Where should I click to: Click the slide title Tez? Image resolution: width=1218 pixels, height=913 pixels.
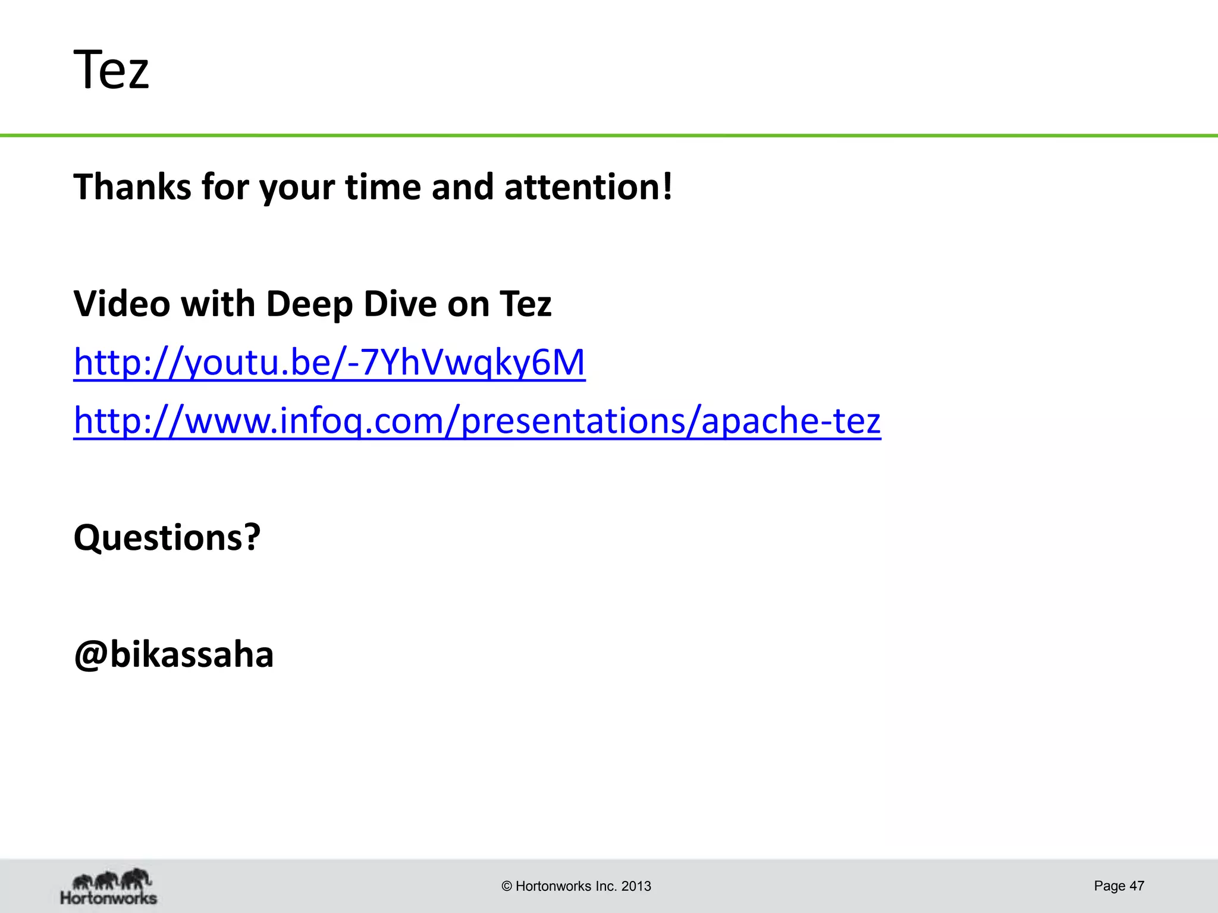point(111,70)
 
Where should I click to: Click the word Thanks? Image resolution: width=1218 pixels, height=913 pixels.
point(131,187)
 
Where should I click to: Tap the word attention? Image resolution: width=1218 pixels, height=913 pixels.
point(588,187)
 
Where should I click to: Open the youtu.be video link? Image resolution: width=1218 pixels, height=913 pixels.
point(329,362)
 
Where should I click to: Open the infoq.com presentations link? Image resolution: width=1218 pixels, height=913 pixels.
point(477,420)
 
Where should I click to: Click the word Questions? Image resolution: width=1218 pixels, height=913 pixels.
point(167,537)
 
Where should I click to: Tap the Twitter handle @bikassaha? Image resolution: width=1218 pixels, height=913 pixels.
point(174,654)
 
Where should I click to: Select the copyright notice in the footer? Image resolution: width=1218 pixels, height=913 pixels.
point(576,886)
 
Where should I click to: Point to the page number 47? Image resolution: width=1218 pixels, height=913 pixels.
point(1137,886)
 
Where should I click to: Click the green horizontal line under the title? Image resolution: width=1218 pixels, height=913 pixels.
point(609,136)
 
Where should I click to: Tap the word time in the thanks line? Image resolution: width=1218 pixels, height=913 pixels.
point(383,187)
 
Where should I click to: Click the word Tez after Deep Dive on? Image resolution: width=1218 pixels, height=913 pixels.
point(526,304)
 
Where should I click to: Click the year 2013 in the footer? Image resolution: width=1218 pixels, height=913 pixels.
point(636,886)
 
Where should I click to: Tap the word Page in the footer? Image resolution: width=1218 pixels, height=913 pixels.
point(1110,886)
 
